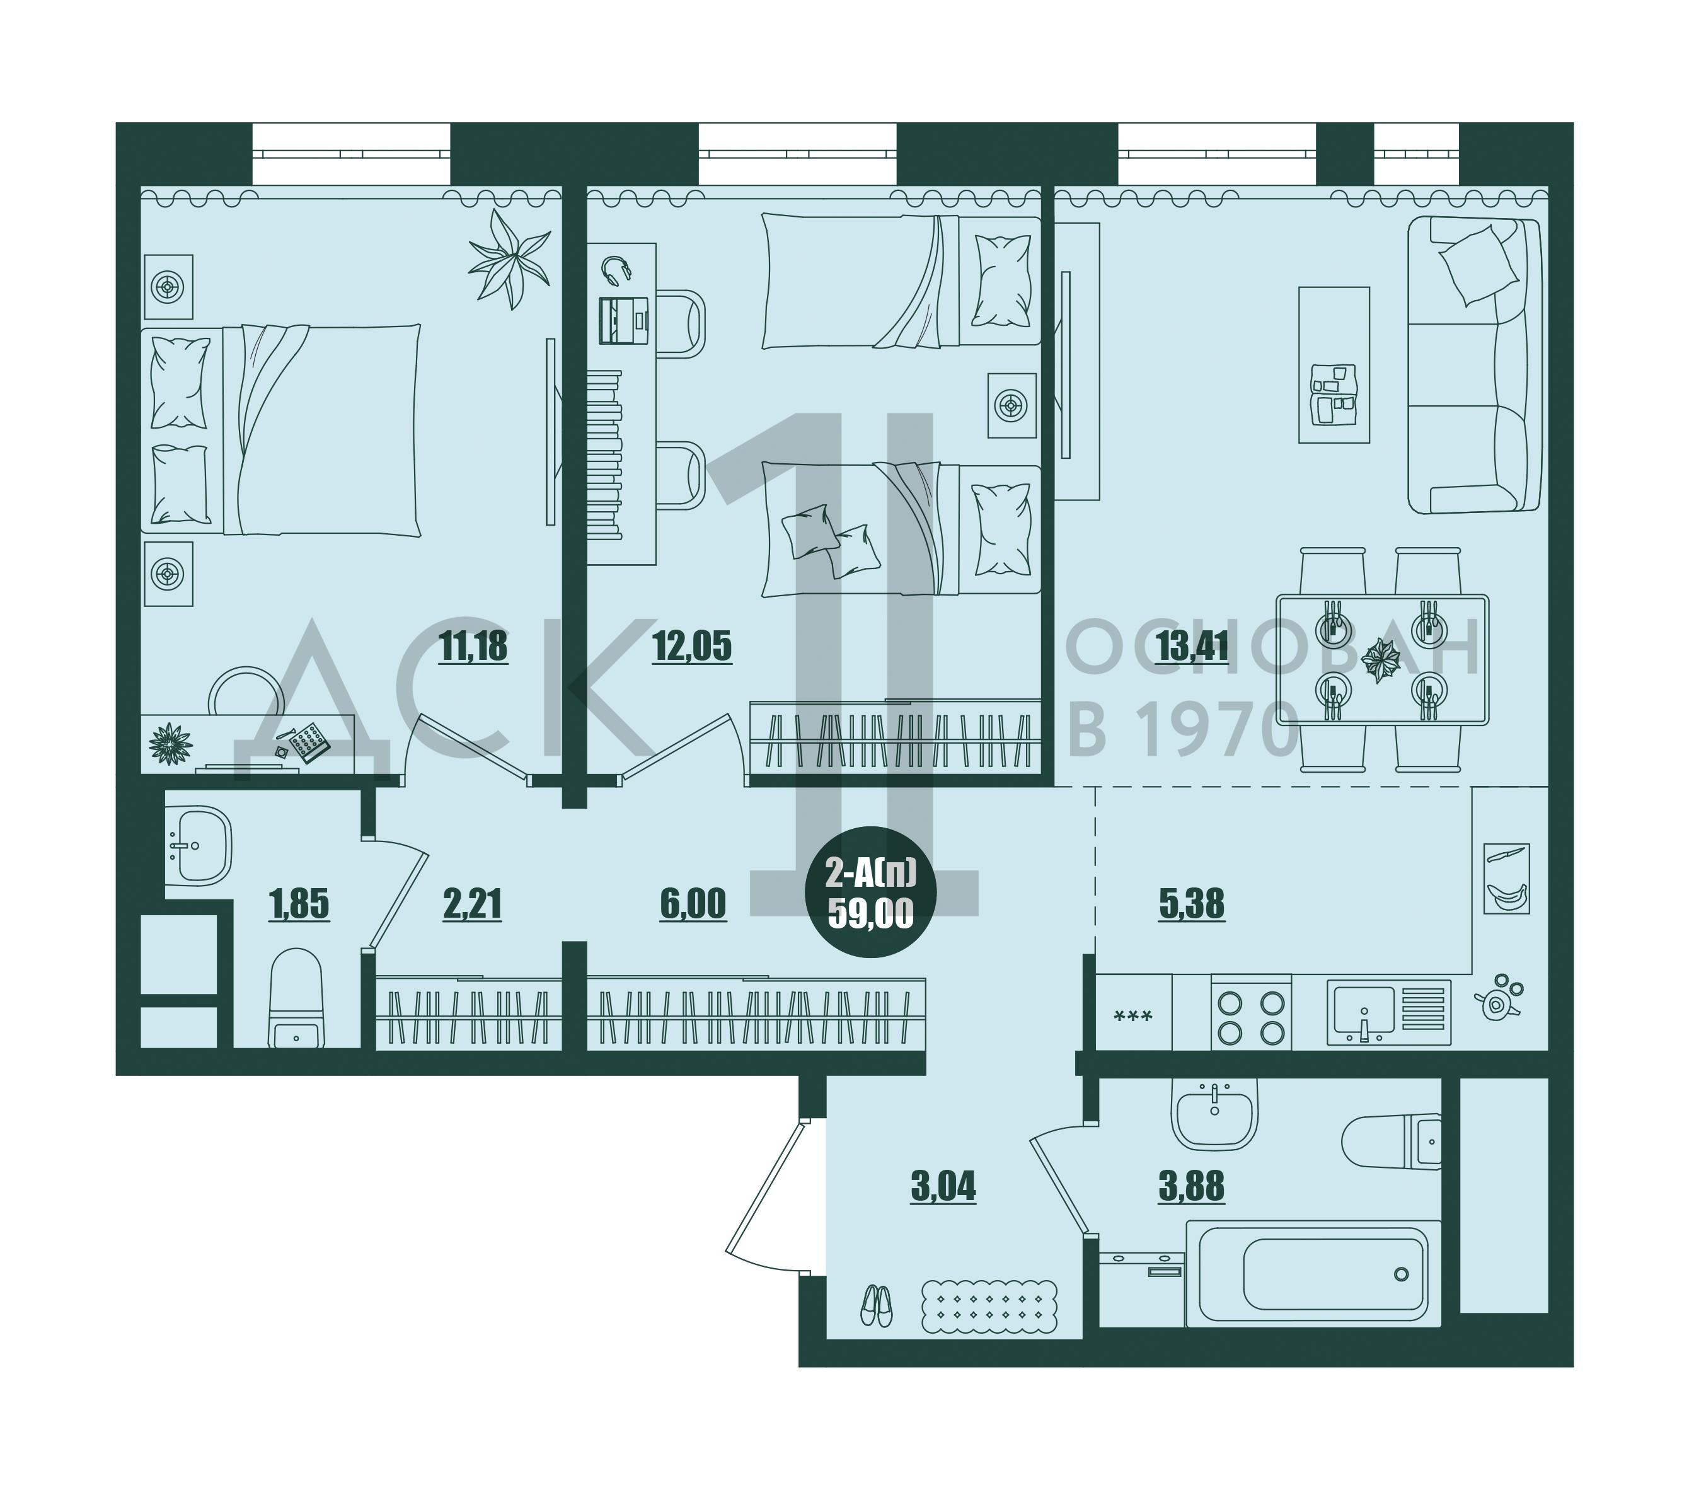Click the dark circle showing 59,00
870,892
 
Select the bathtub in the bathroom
1313,1274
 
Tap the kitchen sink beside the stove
1388,1012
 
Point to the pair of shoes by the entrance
876,1305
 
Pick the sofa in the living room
1473,365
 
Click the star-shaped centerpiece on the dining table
1381,660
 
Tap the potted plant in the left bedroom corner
508,258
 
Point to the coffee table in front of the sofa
1334,365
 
